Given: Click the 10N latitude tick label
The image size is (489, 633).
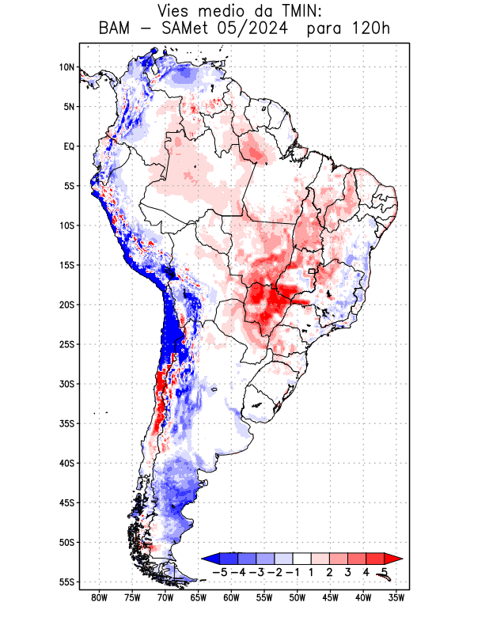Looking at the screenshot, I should pyautogui.click(x=66, y=67).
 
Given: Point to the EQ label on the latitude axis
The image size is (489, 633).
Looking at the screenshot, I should pyautogui.click(x=69, y=146).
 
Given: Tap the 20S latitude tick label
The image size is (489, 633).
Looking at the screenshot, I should pyautogui.click(x=66, y=305).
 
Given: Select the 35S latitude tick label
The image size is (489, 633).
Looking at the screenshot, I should pyautogui.click(x=66, y=423).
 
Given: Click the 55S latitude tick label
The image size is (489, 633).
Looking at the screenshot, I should pyautogui.click(x=66, y=582).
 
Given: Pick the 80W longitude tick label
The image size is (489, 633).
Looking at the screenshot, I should pyautogui.click(x=100, y=597).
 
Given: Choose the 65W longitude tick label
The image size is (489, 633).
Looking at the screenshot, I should pyautogui.click(x=199, y=597).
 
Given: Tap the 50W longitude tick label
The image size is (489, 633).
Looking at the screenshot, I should pyautogui.click(x=298, y=597).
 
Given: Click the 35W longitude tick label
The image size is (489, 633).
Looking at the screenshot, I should pyautogui.click(x=396, y=597).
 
